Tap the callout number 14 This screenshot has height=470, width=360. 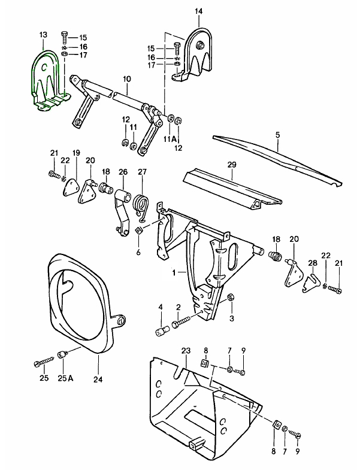(199, 11)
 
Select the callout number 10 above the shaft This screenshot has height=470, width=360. (126, 79)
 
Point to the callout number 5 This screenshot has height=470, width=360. (277, 135)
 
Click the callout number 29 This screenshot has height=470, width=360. (232, 164)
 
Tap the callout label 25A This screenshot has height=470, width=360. (66, 378)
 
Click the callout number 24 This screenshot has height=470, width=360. (97, 378)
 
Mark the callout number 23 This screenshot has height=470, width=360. (186, 350)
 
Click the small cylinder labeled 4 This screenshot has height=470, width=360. (161, 331)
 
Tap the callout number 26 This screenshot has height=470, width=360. (123, 172)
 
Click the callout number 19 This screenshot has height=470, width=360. (76, 153)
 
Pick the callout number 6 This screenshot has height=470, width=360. (138, 251)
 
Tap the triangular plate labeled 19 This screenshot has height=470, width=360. (71, 186)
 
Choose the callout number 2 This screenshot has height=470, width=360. (178, 307)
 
